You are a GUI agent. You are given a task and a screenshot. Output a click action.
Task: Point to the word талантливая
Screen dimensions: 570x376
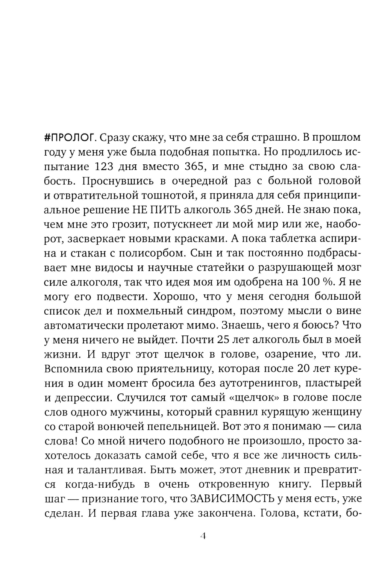102,470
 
